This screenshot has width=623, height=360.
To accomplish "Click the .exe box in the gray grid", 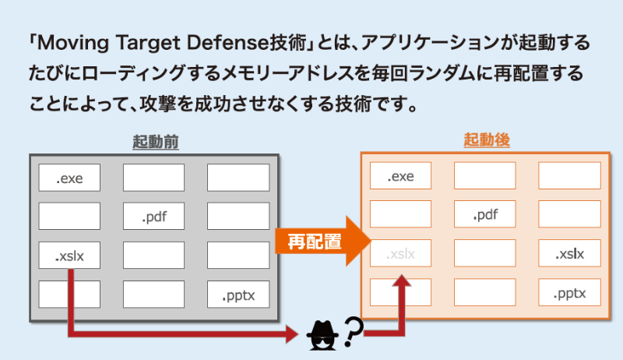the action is (69, 178).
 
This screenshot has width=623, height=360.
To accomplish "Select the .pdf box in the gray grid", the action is (153, 216).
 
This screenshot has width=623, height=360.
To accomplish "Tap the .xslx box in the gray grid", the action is (69, 255).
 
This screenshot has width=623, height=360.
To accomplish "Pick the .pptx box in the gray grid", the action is (238, 294).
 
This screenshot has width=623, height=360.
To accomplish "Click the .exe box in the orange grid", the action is (400, 175).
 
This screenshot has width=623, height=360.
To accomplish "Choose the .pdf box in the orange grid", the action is (485, 214).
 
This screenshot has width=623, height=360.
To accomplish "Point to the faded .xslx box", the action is (400, 253).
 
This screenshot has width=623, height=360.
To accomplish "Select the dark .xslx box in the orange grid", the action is (570, 253).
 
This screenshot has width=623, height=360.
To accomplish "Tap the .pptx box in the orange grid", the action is (570, 292).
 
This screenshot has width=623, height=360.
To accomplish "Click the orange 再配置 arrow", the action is (322, 242).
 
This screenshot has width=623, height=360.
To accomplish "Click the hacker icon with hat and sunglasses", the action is (322, 335).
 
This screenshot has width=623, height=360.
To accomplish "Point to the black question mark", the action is (353, 331).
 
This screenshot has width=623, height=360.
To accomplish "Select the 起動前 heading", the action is (155, 142).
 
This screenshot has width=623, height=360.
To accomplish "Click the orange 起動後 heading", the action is (487, 139).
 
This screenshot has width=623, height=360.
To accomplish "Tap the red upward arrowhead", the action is (402, 281).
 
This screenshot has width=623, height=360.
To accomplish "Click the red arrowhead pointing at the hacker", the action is (292, 334).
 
